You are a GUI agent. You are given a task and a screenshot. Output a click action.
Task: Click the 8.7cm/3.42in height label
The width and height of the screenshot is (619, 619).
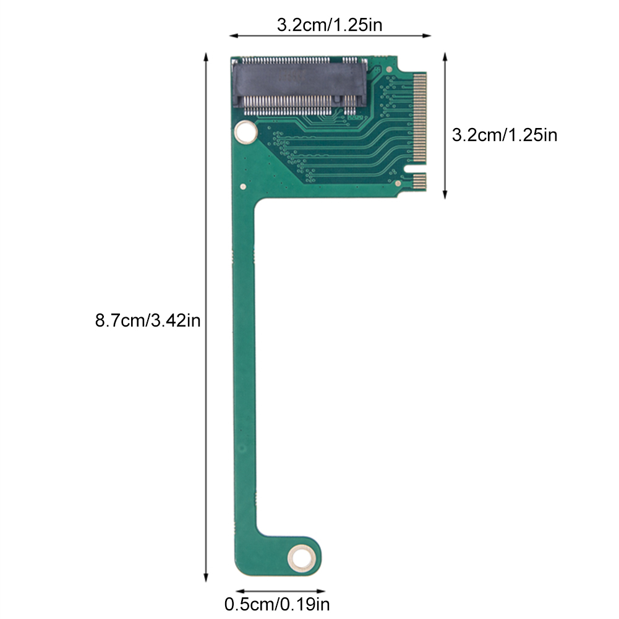coord(147,322)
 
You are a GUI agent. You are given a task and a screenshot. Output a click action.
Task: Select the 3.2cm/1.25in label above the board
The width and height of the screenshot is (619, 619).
coord(330,25)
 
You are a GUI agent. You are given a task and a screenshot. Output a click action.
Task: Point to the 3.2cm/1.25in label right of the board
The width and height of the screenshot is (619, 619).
coord(504,135)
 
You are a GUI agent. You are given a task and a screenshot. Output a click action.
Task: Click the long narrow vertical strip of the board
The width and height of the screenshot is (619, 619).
coord(245,371)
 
